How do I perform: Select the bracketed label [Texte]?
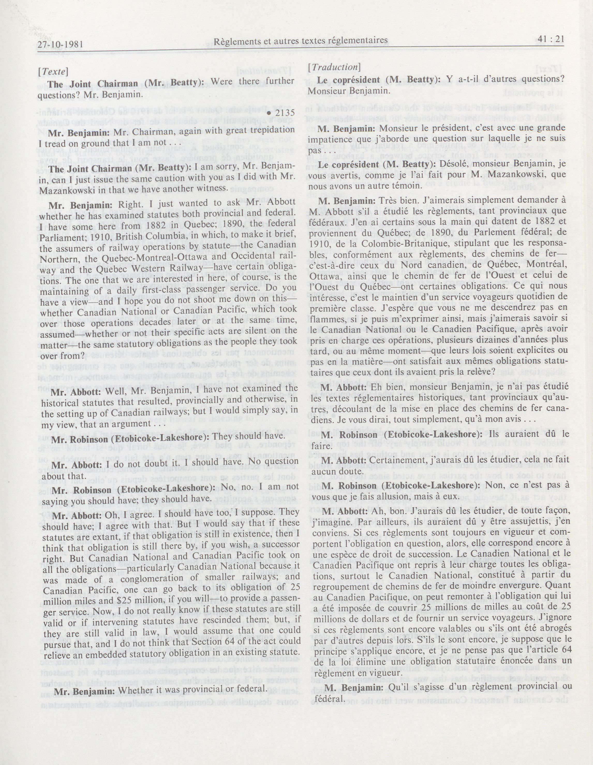click(53, 71)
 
